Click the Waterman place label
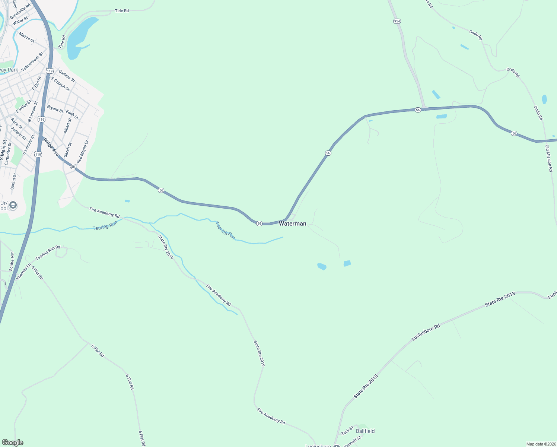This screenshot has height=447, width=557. (x=293, y=223)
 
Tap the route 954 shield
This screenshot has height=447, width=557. (x=397, y=21)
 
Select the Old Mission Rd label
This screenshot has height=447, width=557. (x=549, y=158)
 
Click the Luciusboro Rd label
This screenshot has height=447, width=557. (x=426, y=332)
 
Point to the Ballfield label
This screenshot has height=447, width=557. (x=365, y=431)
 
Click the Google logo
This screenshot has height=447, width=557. (x=12, y=443)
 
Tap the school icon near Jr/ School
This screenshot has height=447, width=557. (x=13, y=205)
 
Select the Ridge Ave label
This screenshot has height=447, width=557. (x=51, y=147)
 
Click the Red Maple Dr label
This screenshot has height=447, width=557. (x=83, y=152)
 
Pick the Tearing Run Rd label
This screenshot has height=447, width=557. (x=48, y=253)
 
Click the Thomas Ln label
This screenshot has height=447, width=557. (x=23, y=272)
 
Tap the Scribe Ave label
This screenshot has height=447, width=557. (x=12, y=261)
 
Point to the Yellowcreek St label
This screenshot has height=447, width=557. (x=32, y=61)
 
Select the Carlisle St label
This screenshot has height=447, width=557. (x=67, y=76)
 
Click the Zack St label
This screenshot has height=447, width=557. (x=347, y=431)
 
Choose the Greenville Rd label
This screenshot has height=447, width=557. (x=20, y=12)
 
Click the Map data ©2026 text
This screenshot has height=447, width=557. (x=540, y=444)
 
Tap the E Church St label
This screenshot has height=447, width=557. (x=60, y=84)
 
